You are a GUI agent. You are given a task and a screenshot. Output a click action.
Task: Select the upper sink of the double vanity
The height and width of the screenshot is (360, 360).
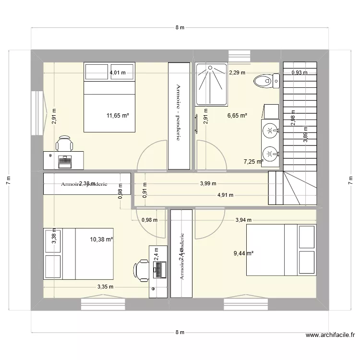[271, 130]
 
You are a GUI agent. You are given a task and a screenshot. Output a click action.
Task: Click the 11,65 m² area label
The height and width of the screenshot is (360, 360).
[118, 116]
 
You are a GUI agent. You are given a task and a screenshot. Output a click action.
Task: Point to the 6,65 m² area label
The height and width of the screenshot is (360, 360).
[237, 116]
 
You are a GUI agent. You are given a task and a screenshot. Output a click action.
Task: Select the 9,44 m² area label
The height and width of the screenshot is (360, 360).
[243, 253]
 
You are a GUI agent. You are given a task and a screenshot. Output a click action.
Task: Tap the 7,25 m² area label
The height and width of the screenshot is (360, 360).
[253, 162]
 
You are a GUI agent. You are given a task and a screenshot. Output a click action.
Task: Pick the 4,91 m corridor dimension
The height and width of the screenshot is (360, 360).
[225, 195]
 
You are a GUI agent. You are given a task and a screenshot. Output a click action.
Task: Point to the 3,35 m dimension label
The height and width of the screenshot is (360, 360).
[105, 287]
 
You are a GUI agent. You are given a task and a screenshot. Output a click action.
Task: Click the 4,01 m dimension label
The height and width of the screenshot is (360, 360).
[118, 73]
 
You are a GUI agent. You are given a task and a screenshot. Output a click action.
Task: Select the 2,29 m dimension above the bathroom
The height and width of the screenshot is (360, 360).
[237, 73]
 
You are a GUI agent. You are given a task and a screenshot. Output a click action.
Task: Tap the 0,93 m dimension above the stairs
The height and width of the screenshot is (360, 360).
[300, 73]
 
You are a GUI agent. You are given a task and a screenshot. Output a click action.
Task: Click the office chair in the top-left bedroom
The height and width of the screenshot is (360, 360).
[64, 144]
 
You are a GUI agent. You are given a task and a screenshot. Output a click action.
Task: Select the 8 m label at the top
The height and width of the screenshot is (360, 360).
[180, 28]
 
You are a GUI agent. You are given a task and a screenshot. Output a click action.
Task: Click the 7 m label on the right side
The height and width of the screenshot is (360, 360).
[351, 180]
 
